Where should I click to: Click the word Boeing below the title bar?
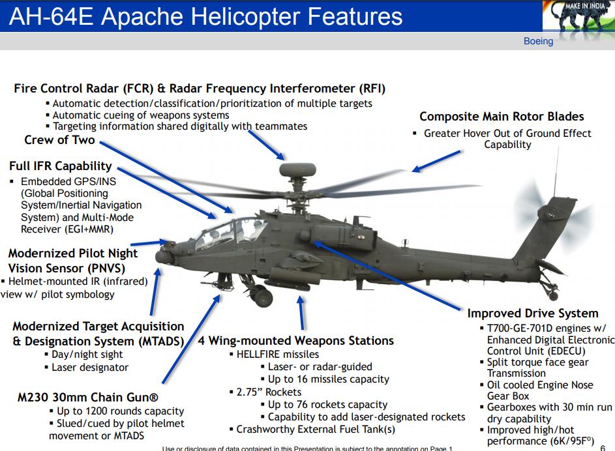(538, 41)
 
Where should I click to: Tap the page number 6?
(602, 447)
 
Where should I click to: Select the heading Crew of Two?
(59, 140)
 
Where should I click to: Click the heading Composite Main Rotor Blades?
(502, 117)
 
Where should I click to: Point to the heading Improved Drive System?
(533, 313)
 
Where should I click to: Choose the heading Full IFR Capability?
(61, 166)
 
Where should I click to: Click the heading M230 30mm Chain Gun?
(89, 397)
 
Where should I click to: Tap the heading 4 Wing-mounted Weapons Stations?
(296, 341)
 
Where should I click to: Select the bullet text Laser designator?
(90, 367)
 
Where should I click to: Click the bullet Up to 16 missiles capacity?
(329, 379)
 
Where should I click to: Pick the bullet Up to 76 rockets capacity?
(327, 405)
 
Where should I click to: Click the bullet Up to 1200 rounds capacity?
(120, 411)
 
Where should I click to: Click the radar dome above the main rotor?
(297, 171)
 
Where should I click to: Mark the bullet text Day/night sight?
(87, 354)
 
